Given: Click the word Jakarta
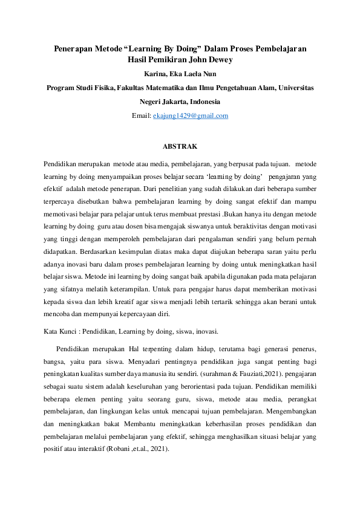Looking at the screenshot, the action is click(172, 102).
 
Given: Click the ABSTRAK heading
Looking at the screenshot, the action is click(180, 146).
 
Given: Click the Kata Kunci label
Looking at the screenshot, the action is click(62, 331).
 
